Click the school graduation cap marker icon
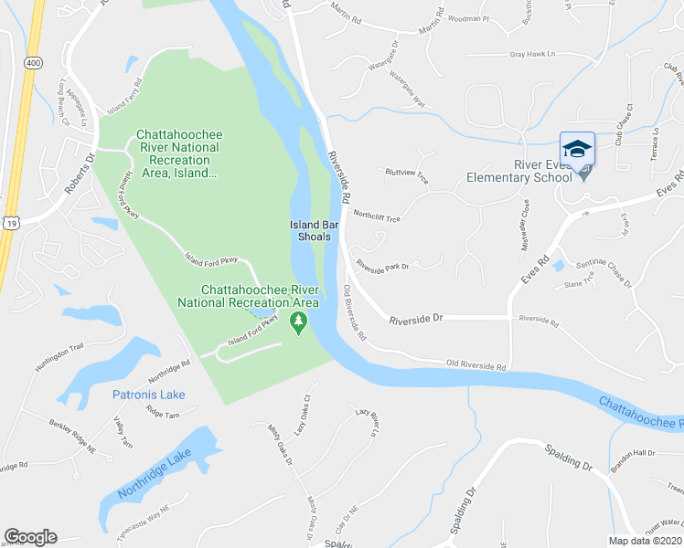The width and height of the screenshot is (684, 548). (x=577, y=149)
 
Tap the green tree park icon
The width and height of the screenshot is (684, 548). (x=297, y=323)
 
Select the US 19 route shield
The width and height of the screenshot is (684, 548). (x=11, y=222)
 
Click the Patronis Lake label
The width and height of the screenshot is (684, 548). (x=148, y=395)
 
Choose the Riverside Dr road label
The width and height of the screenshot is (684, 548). (x=415, y=320)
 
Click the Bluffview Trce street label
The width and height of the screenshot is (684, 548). (x=406, y=174)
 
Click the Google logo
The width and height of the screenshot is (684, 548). (x=30, y=537)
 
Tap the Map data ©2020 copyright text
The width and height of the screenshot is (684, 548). (x=646, y=541)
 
